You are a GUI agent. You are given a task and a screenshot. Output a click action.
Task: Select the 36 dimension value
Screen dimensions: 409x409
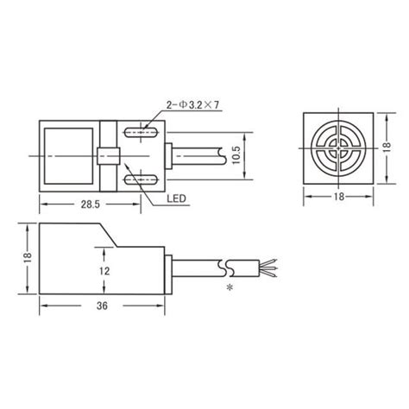click(103, 305)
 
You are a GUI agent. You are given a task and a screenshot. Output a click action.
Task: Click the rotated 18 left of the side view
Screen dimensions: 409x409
click(27, 257)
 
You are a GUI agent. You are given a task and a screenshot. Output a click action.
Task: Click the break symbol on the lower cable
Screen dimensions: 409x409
click(228, 265)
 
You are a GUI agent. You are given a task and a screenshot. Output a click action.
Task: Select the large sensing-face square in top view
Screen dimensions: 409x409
click(67, 156)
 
